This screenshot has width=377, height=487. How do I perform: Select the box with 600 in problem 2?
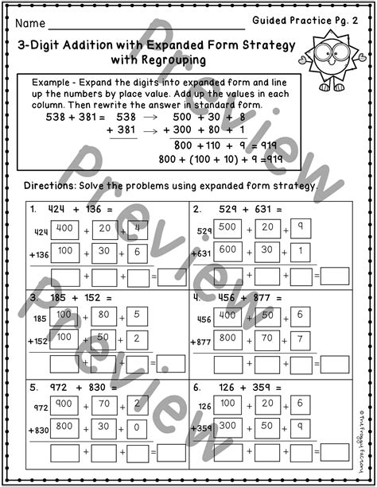(x=227, y=249)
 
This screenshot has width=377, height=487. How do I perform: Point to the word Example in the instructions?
(x=53, y=83)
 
